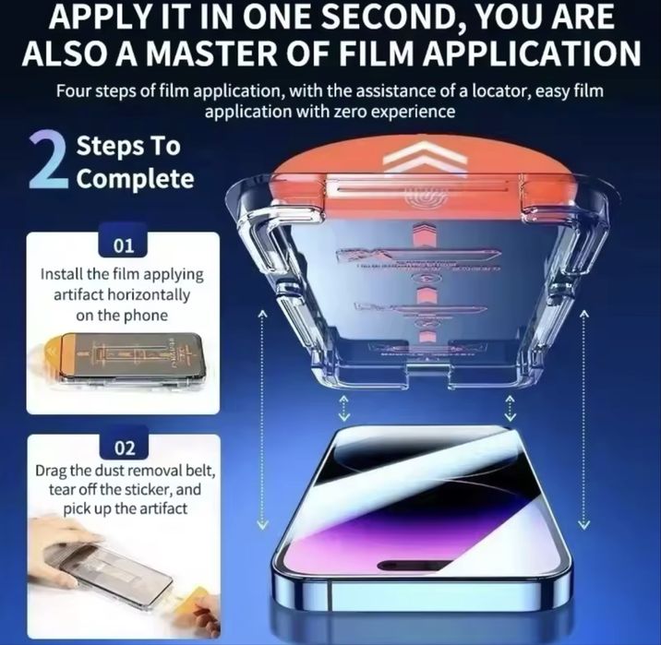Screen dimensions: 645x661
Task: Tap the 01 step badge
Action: pyautogui.click(x=123, y=247)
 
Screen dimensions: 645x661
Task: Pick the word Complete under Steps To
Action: pyautogui.click(x=136, y=177)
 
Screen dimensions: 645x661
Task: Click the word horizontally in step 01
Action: pyautogui.click(x=153, y=295)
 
